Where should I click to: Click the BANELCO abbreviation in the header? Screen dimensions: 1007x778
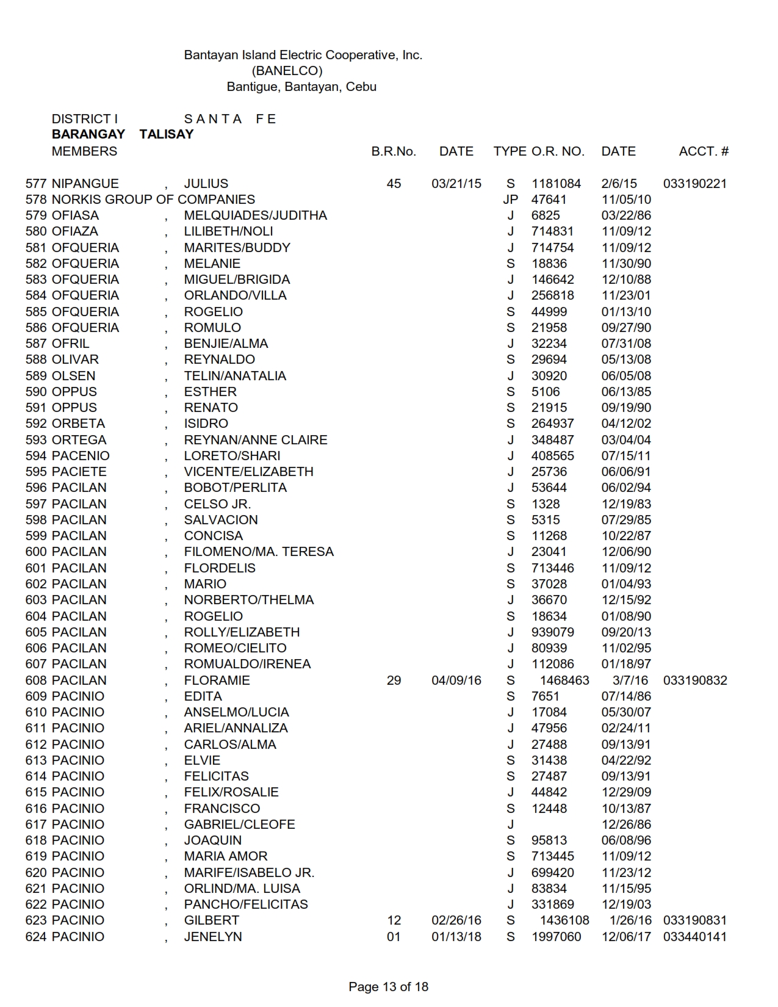[x=287, y=71]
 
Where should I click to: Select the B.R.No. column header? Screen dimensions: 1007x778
[x=394, y=151]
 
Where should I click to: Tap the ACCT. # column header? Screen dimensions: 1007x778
[x=704, y=151]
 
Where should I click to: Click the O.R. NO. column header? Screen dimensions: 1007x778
[x=558, y=151]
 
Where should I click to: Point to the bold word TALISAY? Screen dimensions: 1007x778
[x=166, y=134]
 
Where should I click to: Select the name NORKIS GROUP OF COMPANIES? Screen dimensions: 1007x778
[x=153, y=200]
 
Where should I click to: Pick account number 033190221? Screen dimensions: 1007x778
[x=694, y=184]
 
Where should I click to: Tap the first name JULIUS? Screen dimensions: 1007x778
[x=206, y=184]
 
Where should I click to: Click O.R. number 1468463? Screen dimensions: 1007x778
[x=564, y=680]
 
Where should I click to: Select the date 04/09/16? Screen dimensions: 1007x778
[x=456, y=680]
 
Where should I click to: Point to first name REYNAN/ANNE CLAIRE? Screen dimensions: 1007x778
[x=256, y=440]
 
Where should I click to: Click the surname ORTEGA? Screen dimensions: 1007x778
[x=79, y=440]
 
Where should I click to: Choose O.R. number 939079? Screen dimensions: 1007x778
[x=553, y=632]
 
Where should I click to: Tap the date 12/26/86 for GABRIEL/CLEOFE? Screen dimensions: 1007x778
[x=626, y=825]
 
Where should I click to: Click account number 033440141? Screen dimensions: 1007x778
[x=694, y=937]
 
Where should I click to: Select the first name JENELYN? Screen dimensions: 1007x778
[x=213, y=937]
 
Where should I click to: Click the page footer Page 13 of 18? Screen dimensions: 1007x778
[x=388, y=986]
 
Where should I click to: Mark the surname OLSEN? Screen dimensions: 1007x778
[x=74, y=376]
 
